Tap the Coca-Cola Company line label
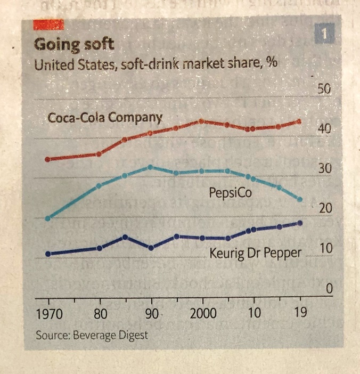click(105, 117)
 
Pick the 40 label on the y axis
click(325, 129)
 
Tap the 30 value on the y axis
click(325, 169)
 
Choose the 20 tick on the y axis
click(325, 208)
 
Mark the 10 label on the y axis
click(325, 248)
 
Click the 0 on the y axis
click(329, 288)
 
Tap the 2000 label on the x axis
click(202, 313)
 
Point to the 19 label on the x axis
click(300, 313)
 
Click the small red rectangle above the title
click(48, 24)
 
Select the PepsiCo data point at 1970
click(48, 218)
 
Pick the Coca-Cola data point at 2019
click(299, 121)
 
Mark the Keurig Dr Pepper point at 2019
click(300, 223)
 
